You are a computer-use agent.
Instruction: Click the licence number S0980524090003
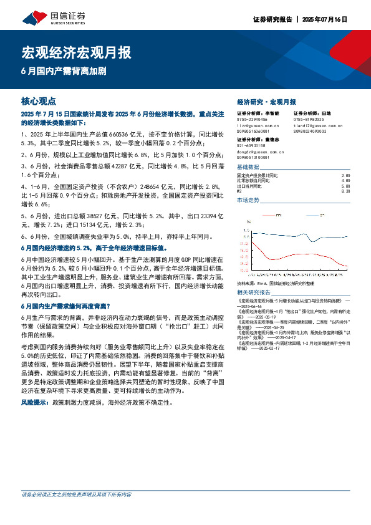pos(311,132)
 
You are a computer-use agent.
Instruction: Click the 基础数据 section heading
pos(248,167)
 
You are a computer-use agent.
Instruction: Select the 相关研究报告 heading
pos(254,292)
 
